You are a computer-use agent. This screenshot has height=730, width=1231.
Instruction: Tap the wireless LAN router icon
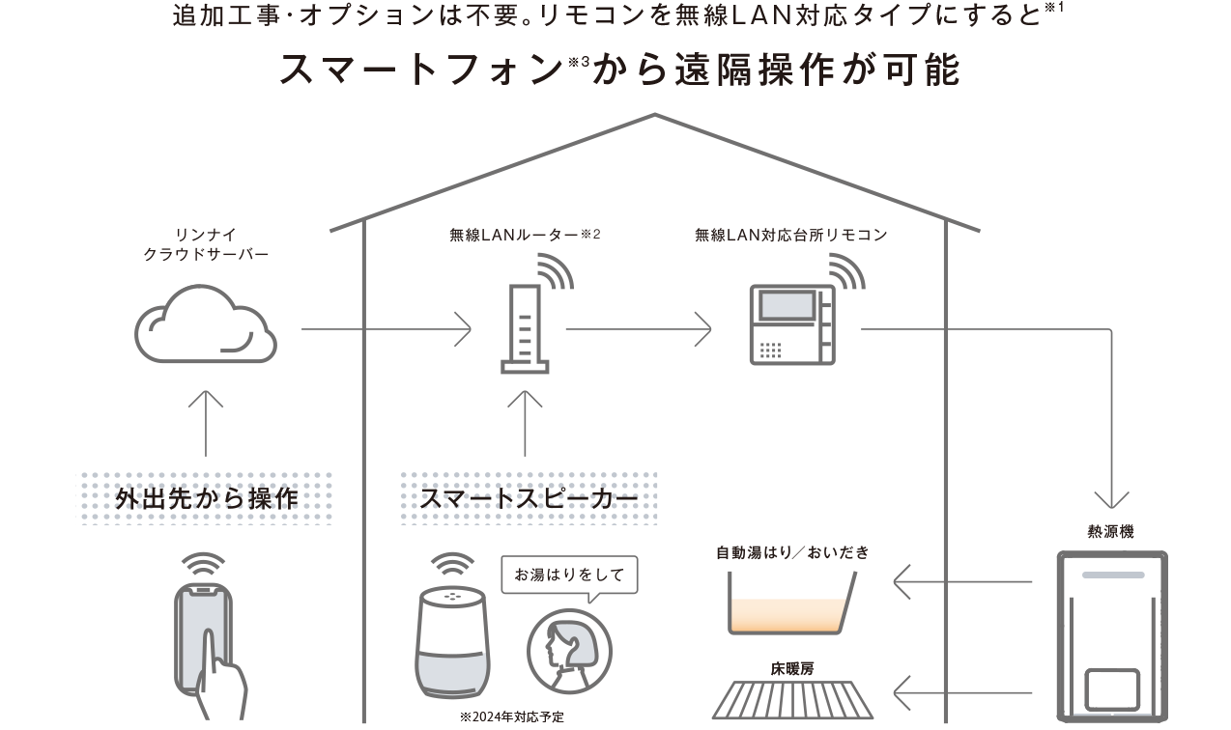pyautogui.click(x=526, y=328)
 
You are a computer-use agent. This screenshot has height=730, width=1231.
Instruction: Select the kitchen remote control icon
pyautogui.click(x=792, y=324)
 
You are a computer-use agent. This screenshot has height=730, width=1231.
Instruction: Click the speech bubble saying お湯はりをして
pyautogui.click(x=569, y=575)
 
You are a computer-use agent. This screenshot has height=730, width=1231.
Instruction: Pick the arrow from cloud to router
pyautogui.click(x=386, y=329)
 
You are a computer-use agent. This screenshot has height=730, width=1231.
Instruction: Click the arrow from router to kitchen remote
pyautogui.click(x=638, y=329)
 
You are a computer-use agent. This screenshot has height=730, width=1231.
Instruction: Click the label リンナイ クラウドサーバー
pyautogui.click(x=206, y=244)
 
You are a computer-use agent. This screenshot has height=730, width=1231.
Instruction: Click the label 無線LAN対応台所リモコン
pyautogui.click(x=790, y=235)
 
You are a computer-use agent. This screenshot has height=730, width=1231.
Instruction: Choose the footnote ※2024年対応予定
pyautogui.click(x=512, y=718)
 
